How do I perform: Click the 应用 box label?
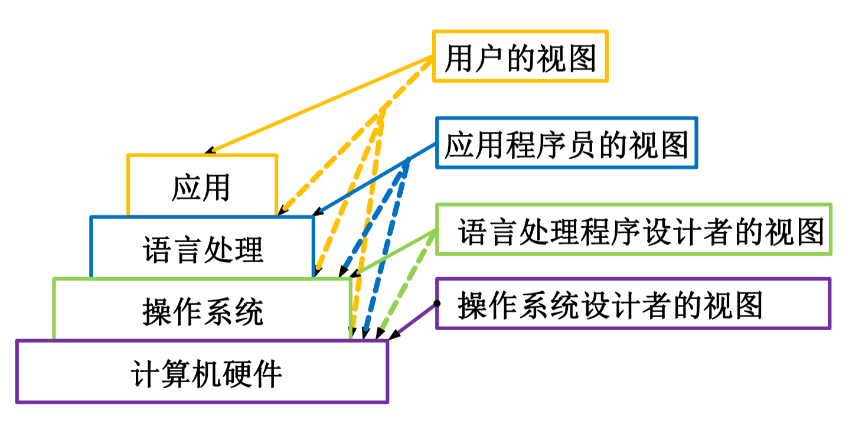[x=201, y=188]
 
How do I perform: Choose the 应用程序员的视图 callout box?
[x=566, y=144]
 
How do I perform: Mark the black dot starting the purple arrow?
[x=436, y=303]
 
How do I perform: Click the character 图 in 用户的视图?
[x=582, y=58]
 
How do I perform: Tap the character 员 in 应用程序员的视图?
[x=582, y=144]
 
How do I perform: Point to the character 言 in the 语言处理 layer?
[x=188, y=250]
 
